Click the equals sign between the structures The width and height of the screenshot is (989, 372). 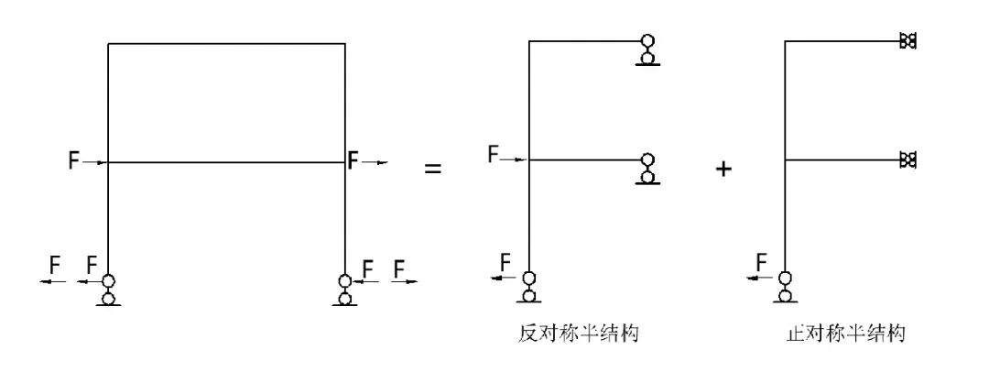[431, 170]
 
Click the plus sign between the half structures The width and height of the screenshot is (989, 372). [723, 170]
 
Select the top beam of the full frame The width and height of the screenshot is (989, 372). [226, 43]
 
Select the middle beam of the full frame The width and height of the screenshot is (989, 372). [226, 162]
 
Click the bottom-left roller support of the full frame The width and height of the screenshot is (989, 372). [108, 290]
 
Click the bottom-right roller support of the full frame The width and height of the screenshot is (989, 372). [345, 290]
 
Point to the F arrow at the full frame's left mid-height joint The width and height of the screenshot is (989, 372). [87, 161]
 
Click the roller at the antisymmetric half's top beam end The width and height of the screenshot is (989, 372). [648, 51]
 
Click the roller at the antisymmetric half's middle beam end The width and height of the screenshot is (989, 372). [648, 169]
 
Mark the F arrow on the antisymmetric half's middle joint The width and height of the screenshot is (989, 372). [506, 157]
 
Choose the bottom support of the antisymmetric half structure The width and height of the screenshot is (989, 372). [528, 286]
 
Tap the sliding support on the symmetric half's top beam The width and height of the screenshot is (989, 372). [907, 41]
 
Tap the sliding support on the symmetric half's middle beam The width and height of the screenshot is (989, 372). [907, 160]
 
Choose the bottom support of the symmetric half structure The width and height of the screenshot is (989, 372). [785, 286]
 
